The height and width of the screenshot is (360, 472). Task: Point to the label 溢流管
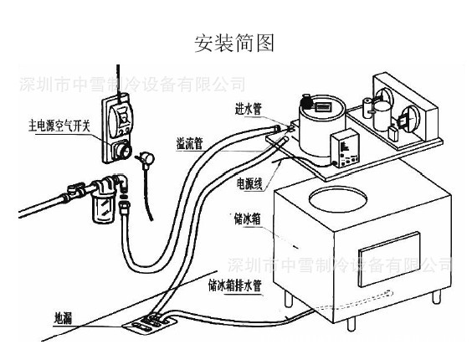coord(189,142)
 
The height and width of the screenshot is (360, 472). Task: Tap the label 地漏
coord(64,318)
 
